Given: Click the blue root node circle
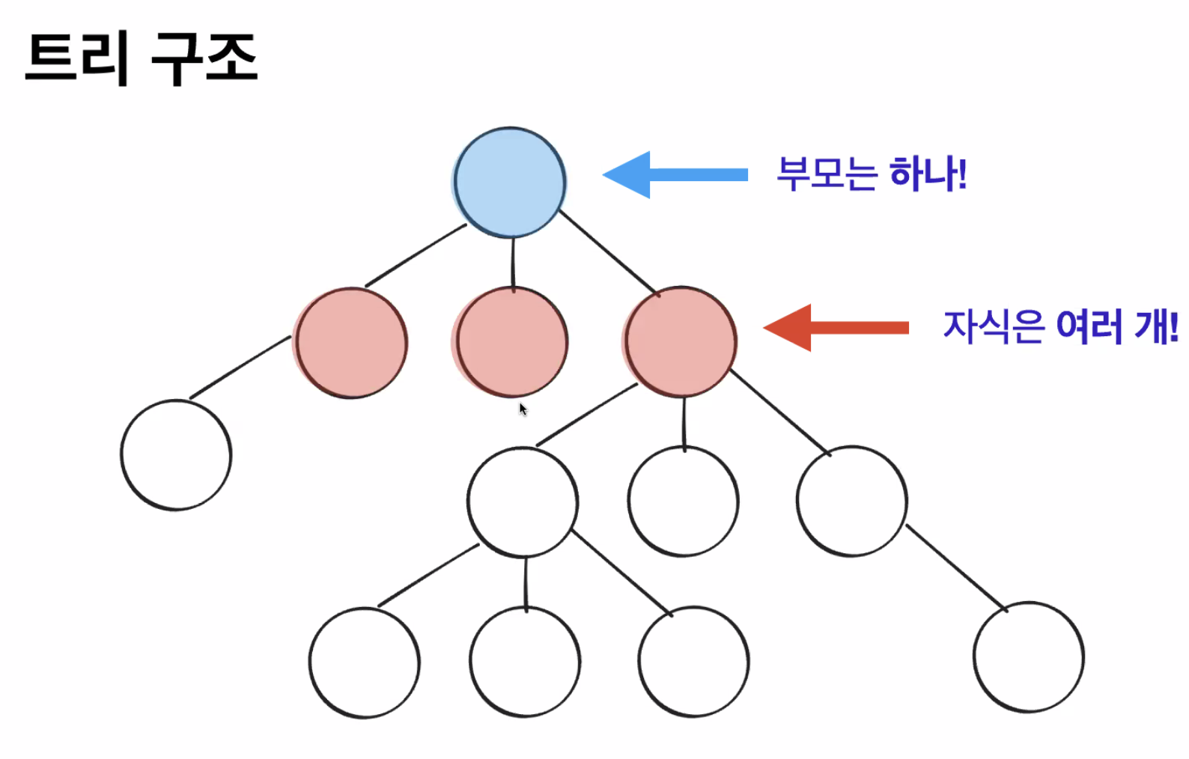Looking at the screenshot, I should click(x=510, y=182).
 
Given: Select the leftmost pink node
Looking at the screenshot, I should click(x=351, y=343).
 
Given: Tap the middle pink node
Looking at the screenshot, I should click(x=512, y=342).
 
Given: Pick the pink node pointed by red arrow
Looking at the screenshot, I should click(x=681, y=341).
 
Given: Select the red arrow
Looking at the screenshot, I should click(x=836, y=327).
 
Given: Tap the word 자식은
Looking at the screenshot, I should click(x=993, y=326).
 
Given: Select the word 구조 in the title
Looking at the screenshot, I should click(x=204, y=58).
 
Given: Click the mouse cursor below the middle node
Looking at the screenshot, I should click(x=523, y=409).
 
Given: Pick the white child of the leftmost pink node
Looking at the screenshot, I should click(x=176, y=455).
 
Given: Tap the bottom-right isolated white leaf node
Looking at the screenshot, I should click(x=1028, y=657).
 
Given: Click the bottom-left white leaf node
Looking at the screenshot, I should click(x=364, y=662).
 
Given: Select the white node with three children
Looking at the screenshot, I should click(x=523, y=502).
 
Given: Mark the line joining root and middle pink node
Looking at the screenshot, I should click(x=513, y=262).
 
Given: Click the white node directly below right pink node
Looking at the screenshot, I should click(x=683, y=502).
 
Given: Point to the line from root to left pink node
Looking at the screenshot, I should click(x=416, y=255).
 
